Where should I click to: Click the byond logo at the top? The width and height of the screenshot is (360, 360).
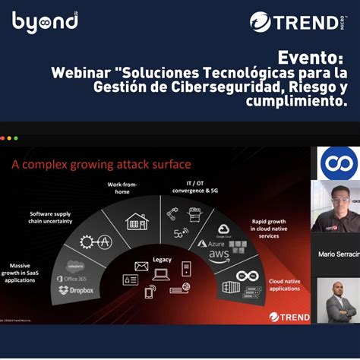[x=45, y=21]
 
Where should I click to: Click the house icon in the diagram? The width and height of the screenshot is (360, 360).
[x=137, y=221]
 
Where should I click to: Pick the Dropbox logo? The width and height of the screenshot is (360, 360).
[x=76, y=289]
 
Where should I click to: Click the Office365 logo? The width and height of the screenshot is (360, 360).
[x=72, y=278]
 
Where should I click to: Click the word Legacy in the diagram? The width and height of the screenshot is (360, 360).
[x=162, y=259]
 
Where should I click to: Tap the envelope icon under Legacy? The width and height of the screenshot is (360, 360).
[x=141, y=267]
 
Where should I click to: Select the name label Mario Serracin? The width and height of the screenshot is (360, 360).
[x=338, y=253]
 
